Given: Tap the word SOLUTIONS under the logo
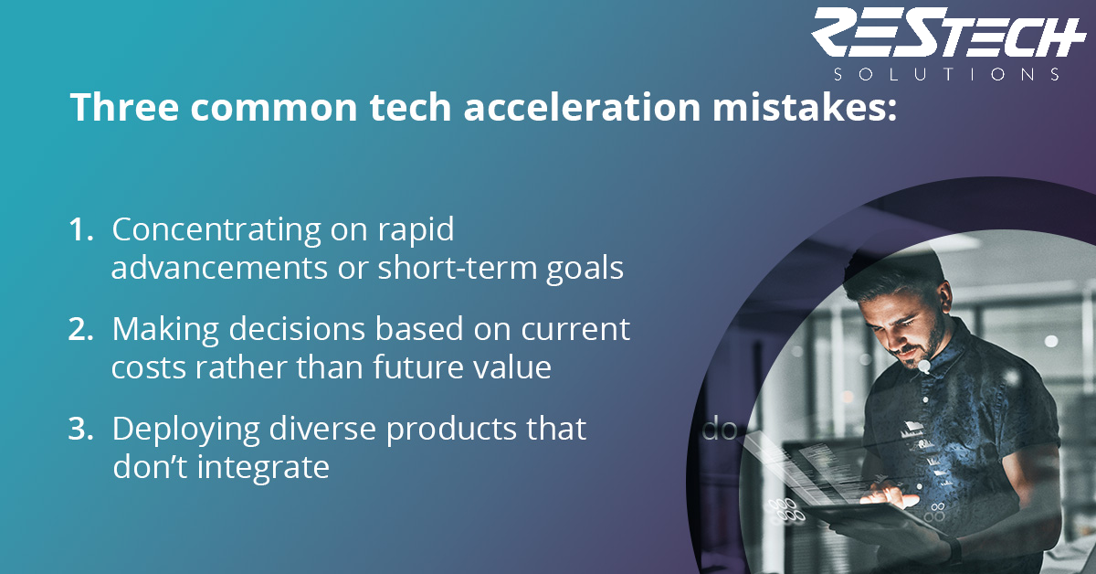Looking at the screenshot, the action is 947,74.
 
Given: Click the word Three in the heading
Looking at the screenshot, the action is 125,107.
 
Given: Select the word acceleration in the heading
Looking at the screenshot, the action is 583,107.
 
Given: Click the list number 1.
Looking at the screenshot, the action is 80,229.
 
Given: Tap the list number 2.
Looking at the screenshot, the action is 80,329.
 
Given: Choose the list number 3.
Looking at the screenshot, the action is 80,429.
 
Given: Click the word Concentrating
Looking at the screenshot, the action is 216,230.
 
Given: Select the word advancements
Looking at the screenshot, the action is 219,268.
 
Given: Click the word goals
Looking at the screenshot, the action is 585,270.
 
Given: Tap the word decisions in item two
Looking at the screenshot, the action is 297,329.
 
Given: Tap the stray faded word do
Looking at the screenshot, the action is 720,430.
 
